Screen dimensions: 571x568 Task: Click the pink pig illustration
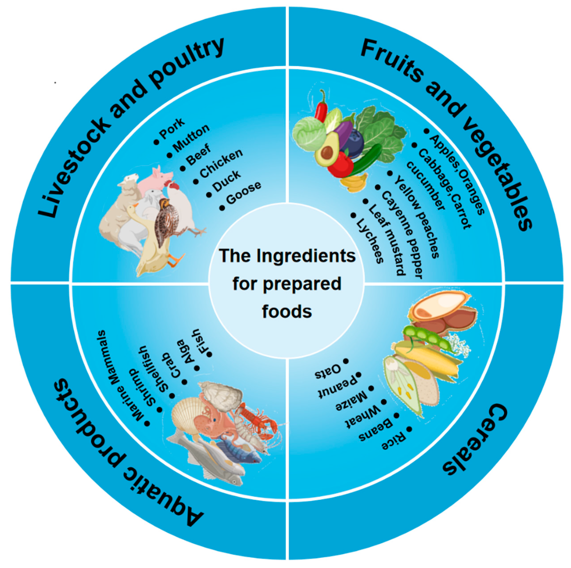coord(155,180)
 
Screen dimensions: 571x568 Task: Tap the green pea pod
coord(426,337)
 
